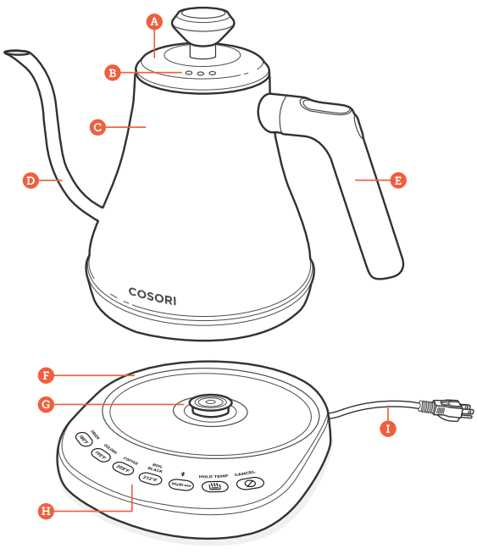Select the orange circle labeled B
[x=113, y=73]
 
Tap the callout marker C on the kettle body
[x=97, y=127]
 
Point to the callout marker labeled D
[x=30, y=180]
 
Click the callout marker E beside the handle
[x=397, y=180]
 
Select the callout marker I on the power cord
[x=388, y=429]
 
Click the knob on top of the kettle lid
[x=200, y=22]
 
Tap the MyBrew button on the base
[x=181, y=484]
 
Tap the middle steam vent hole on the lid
[x=200, y=74]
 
